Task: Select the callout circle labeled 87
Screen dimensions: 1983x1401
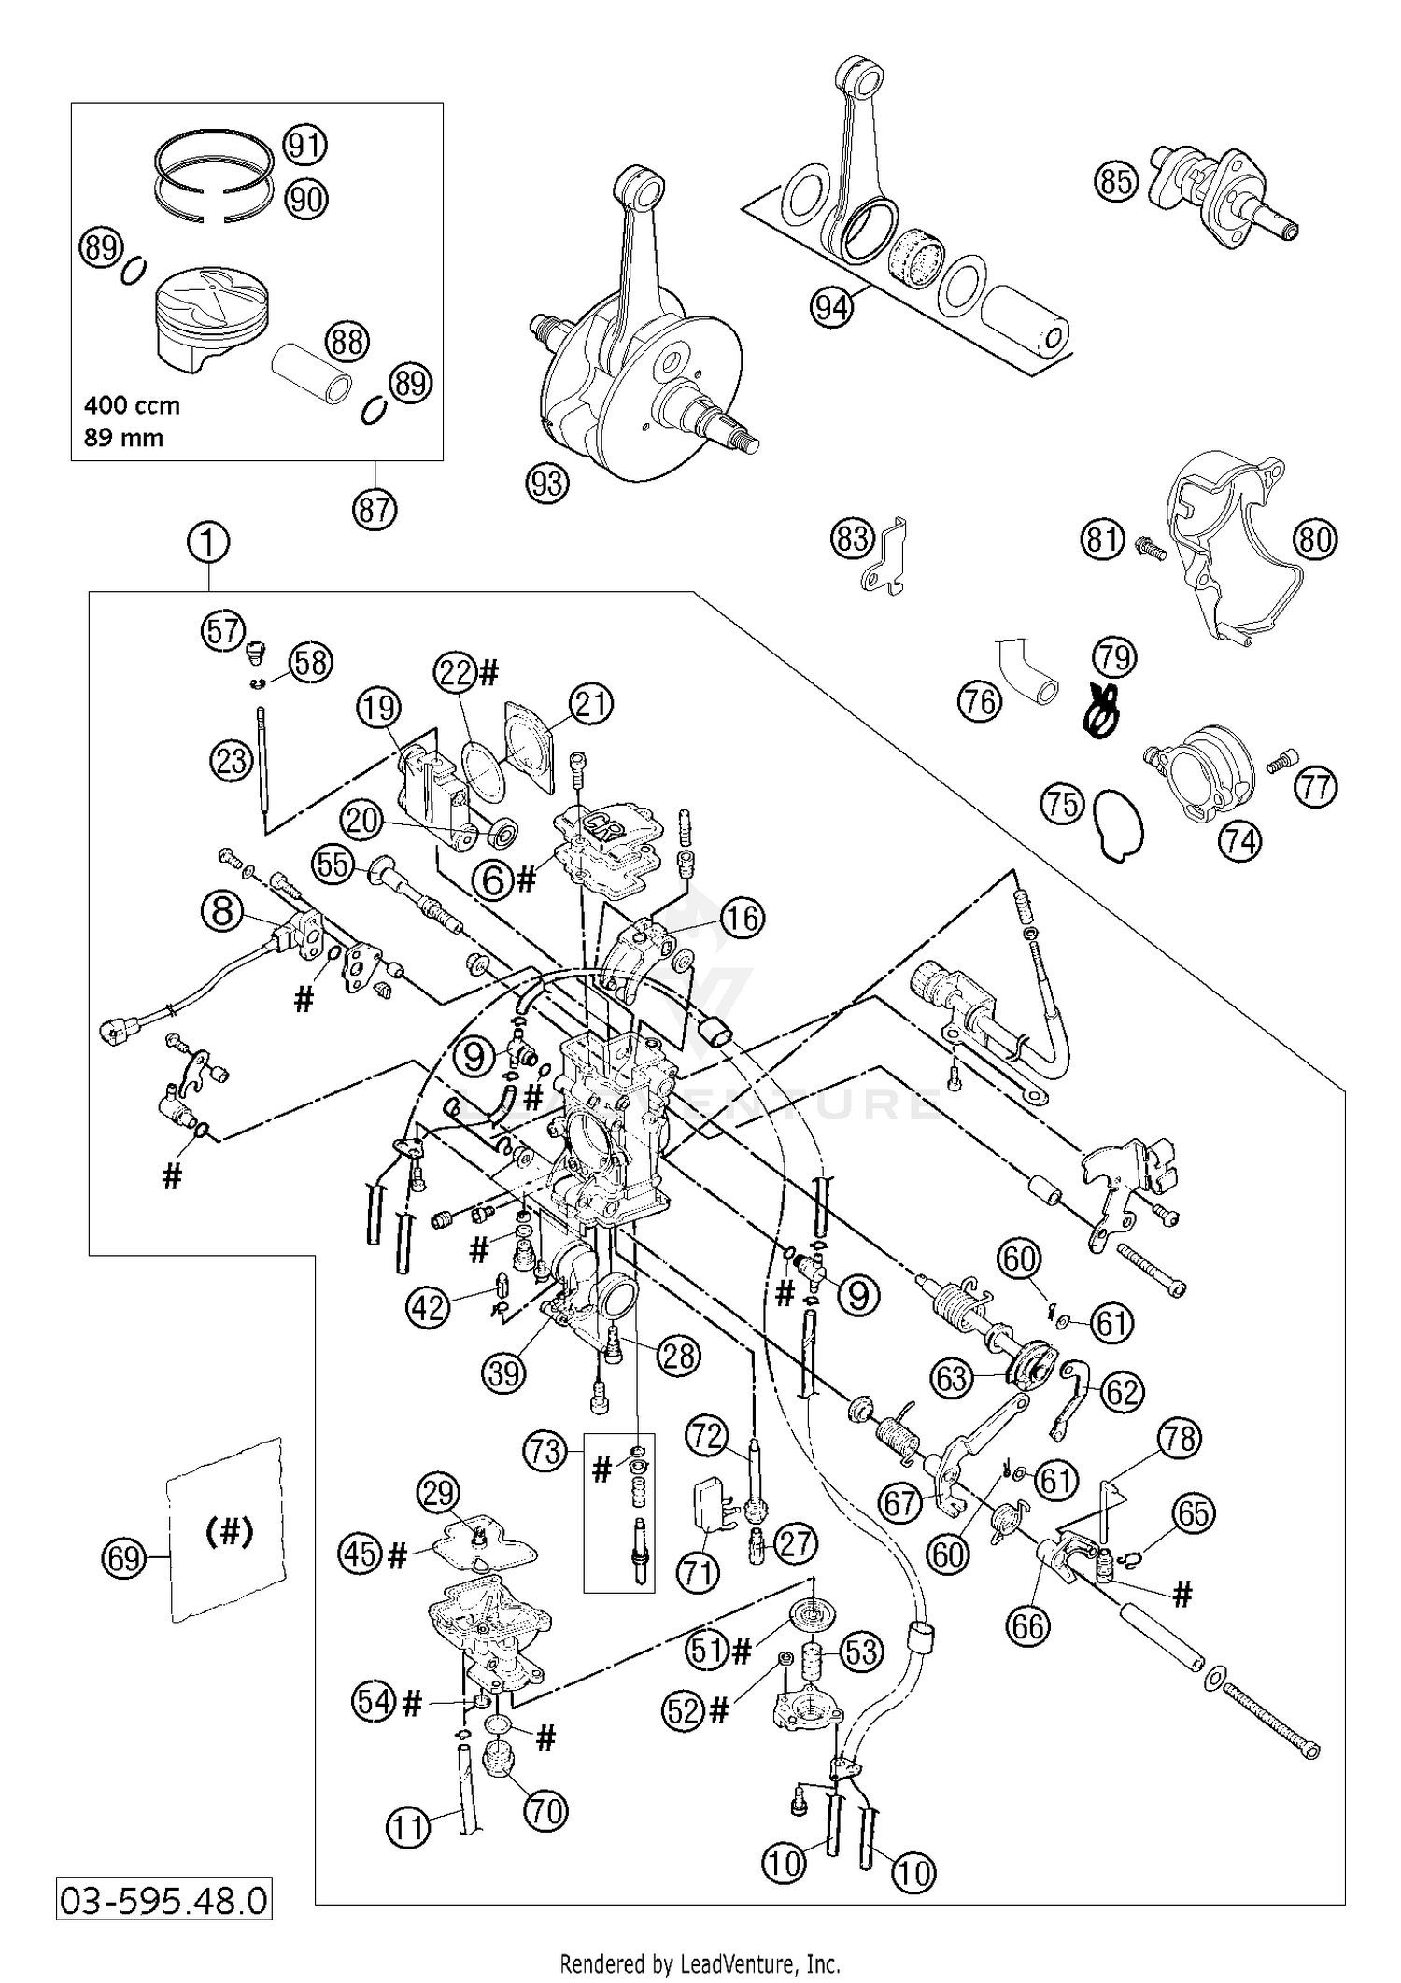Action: pyautogui.click(x=375, y=509)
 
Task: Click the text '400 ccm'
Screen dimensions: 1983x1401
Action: pyautogui.click(x=132, y=406)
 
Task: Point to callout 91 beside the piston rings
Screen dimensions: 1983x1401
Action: pyautogui.click(x=304, y=146)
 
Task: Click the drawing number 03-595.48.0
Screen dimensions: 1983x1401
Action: pyautogui.click(x=164, y=1900)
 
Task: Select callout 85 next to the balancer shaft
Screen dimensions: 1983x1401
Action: pyautogui.click(x=1116, y=181)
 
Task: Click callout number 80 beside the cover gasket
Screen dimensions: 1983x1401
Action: pyautogui.click(x=1315, y=540)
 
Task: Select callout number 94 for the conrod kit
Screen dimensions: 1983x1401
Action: pyautogui.click(x=831, y=306)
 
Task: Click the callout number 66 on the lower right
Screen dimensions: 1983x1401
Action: pyautogui.click(x=1028, y=1625)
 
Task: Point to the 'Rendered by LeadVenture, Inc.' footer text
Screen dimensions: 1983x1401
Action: pyautogui.click(x=700, y=1962)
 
